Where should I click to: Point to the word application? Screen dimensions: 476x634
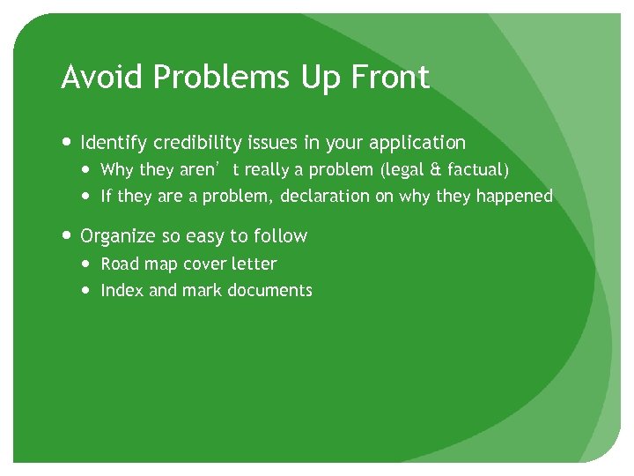pyautogui.click(x=417, y=143)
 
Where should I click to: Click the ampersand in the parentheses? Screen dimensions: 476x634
pyautogui.click(x=429, y=170)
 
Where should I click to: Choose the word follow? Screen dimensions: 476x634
pyautogui.click(x=280, y=236)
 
